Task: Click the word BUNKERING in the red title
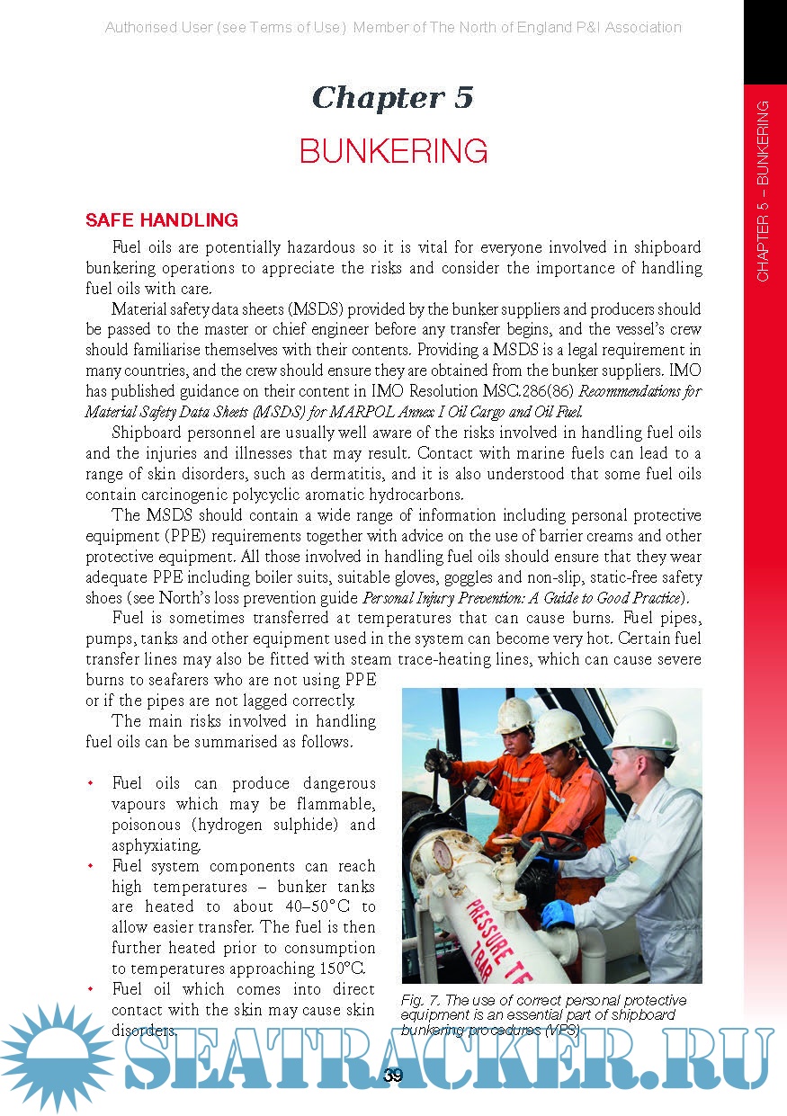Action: tap(393, 151)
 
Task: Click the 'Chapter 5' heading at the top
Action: tap(392, 97)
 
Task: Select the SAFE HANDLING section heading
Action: tap(162, 220)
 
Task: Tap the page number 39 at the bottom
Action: tap(393, 1075)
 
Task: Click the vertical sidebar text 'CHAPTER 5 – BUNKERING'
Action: tap(763, 191)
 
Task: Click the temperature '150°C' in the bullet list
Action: tap(343, 969)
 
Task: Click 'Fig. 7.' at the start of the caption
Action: tap(423, 1000)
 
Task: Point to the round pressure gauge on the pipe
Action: tap(447, 853)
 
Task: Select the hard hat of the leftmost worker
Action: tap(514, 714)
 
